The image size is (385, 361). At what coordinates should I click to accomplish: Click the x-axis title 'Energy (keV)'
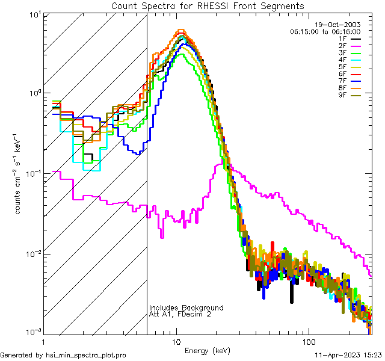pos(207,350)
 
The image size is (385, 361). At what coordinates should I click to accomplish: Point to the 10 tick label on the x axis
pos(176,342)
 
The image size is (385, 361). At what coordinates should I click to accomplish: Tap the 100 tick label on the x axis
pos(308,342)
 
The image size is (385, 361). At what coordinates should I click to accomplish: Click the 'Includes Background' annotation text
pos(186,308)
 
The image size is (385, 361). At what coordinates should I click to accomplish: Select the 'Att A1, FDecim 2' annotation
pos(180,315)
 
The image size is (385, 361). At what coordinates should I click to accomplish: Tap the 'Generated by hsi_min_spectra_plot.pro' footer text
pos(64,356)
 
